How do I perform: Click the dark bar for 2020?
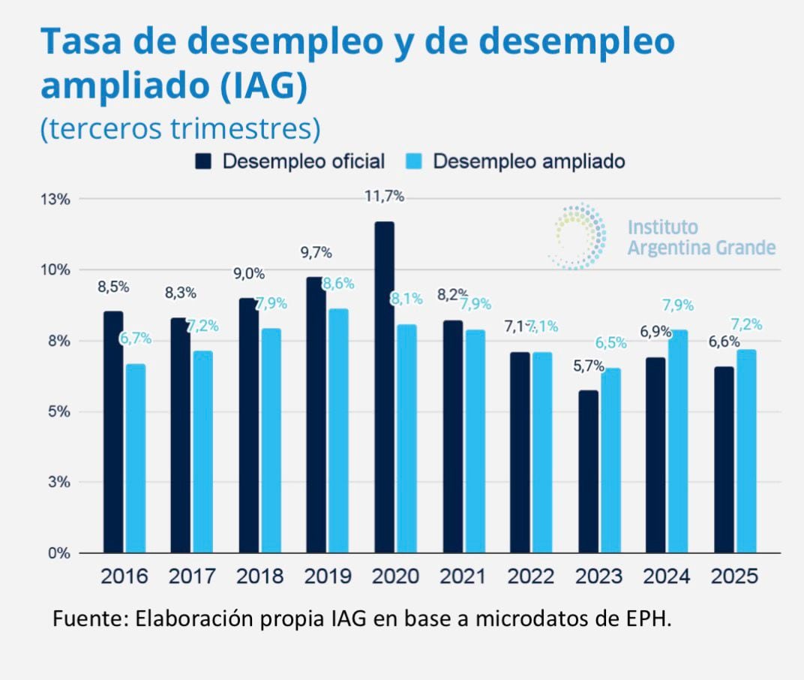(384, 387)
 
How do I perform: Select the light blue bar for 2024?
(678, 441)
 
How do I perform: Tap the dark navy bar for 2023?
(589, 471)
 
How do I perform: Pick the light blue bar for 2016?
(136, 459)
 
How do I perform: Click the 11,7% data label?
(384, 197)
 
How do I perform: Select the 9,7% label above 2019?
(316, 253)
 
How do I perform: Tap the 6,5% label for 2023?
(611, 343)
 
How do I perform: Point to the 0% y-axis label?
(58, 553)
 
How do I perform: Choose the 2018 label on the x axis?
(260, 576)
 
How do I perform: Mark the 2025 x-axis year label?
(735, 576)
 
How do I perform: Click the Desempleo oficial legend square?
(204, 161)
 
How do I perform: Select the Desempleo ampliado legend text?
(529, 161)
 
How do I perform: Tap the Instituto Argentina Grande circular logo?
(578, 236)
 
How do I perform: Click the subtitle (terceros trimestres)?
(180, 128)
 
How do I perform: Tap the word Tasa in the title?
(83, 42)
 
